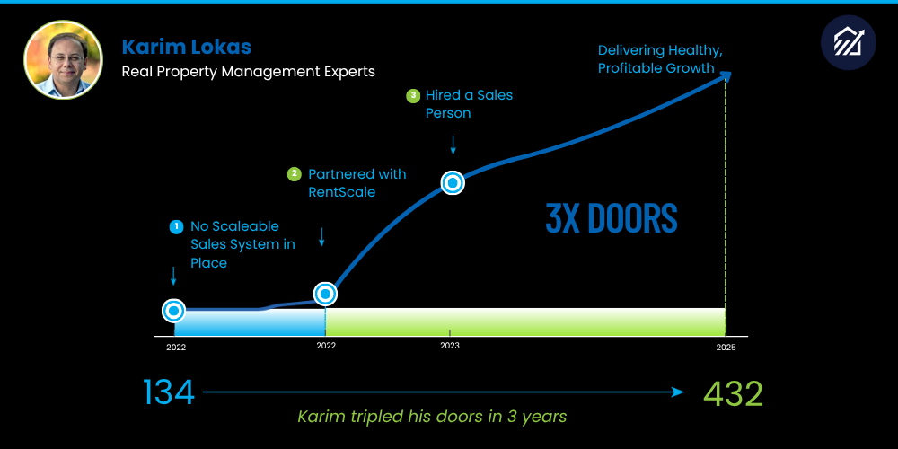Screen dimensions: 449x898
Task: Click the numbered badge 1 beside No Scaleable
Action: click(x=177, y=227)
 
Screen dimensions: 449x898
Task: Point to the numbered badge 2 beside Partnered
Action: click(x=294, y=174)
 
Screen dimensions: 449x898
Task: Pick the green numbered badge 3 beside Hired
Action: click(x=413, y=95)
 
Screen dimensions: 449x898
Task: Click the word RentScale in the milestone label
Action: click(x=341, y=191)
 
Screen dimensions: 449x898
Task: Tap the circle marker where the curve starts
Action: click(x=174, y=311)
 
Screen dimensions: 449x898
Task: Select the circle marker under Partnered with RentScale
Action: click(x=325, y=293)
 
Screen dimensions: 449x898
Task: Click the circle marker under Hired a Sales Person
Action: click(x=453, y=183)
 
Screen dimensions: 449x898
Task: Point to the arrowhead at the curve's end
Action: click(x=726, y=76)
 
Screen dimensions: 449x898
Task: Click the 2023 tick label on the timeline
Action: click(x=450, y=346)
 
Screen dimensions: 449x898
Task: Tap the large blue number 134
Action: click(x=169, y=392)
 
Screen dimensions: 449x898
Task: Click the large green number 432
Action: click(x=733, y=392)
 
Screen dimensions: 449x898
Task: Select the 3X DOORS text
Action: click(x=612, y=218)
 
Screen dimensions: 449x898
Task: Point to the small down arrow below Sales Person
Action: click(x=453, y=143)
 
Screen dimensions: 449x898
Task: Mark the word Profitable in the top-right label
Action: click(x=631, y=67)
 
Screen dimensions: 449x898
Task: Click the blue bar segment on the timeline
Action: click(x=250, y=322)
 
